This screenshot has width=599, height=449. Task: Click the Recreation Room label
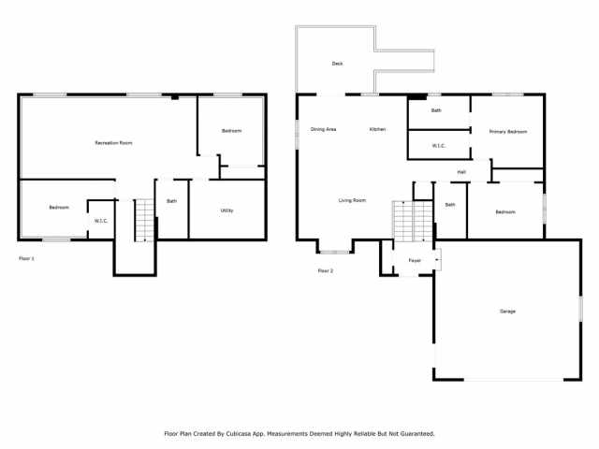(113, 143)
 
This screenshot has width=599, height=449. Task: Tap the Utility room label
(226, 210)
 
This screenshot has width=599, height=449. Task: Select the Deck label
(337, 64)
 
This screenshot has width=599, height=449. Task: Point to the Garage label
(507, 311)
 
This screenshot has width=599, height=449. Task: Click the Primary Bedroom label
(508, 131)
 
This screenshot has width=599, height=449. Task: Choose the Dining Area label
(323, 129)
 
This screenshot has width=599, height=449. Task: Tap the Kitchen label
(377, 129)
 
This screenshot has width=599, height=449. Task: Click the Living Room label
(352, 200)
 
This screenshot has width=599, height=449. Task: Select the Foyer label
(415, 260)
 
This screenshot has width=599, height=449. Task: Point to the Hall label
(461, 172)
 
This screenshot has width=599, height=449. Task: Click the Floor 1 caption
(27, 258)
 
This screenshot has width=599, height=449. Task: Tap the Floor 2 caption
(326, 270)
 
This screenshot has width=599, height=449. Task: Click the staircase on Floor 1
(144, 221)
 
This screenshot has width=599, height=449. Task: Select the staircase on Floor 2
(413, 221)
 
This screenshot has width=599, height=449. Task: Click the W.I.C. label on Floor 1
(101, 221)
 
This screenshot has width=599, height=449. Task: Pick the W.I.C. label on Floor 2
(439, 146)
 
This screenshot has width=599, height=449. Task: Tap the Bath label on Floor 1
(172, 201)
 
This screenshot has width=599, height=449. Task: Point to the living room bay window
(334, 252)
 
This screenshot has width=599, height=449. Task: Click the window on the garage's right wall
(580, 309)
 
